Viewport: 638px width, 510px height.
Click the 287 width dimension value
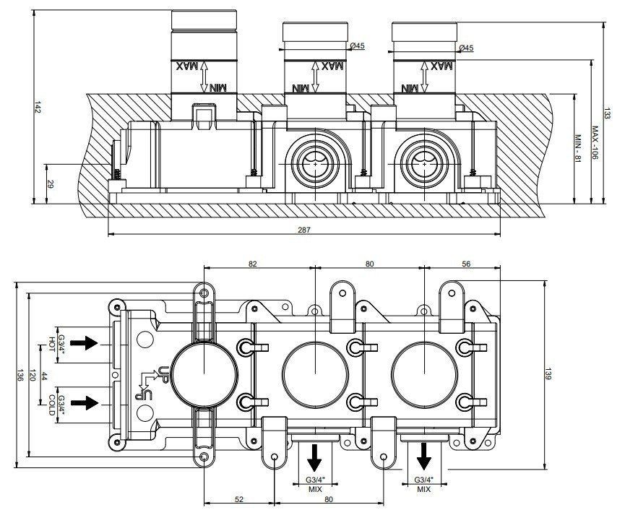tap(304, 230)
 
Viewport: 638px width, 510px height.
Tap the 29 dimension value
tap(50, 185)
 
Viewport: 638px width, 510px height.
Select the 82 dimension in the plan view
tap(253, 264)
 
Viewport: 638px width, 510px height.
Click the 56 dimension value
tap(466, 264)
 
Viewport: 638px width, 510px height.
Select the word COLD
tap(52, 404)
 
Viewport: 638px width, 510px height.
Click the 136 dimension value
tap(20, 375)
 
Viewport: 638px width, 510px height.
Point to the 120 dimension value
tap(33, 375)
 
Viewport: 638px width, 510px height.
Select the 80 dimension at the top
tap(369, 264)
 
